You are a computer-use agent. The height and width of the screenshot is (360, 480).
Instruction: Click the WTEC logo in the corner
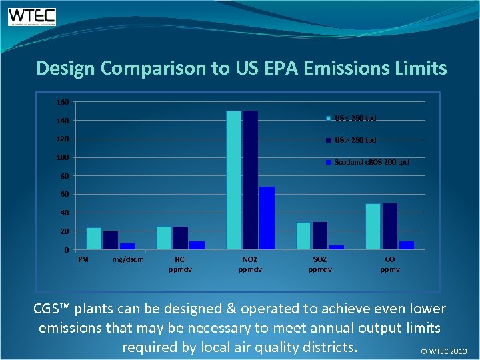tap(32, 17)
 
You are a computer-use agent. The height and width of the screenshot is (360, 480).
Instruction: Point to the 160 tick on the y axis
tap(61, 102)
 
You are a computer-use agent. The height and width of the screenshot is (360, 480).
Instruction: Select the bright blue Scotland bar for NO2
tap(267, 218)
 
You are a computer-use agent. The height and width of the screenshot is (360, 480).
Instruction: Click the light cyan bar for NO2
tap(233, 180)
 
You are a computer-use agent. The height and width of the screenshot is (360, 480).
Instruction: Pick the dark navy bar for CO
tap(390, 227)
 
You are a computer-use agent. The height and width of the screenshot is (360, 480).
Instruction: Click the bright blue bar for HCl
tap(197, 245)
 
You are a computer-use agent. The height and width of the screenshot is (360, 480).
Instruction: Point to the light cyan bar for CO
tap(373, 227)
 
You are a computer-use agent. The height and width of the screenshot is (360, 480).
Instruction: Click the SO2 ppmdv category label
tap(320, 264)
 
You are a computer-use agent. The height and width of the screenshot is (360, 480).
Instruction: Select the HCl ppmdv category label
tap(180, 264)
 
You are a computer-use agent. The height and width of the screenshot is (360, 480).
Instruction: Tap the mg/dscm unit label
tap(126, 259)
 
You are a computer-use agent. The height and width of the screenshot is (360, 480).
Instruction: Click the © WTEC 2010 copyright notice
tap(445, 351)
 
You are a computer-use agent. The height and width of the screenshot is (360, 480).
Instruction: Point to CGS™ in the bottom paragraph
tap(53, 309)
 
